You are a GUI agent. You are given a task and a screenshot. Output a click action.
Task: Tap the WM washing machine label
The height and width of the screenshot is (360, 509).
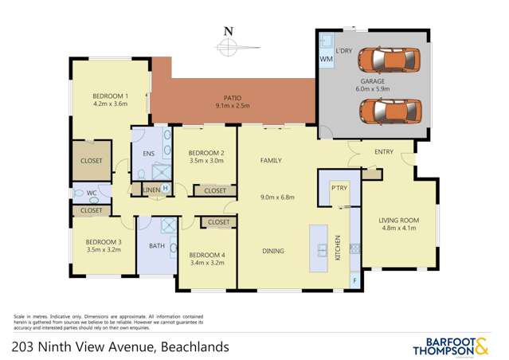tap(326, 60)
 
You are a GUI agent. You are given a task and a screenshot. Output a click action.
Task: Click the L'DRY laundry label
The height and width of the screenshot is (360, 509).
tap(344, 51)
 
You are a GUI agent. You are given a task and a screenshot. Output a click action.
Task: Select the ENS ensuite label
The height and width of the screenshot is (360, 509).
tap(147, 154)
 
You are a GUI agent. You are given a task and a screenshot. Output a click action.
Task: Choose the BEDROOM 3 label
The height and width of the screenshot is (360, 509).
tap(104, 241)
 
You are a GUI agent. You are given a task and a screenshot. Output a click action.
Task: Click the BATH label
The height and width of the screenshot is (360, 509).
tap(157, 246)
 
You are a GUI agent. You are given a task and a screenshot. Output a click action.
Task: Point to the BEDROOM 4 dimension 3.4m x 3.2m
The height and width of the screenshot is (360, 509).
tap(207, 263)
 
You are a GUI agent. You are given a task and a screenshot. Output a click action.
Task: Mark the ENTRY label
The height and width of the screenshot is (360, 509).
tap(374, 152)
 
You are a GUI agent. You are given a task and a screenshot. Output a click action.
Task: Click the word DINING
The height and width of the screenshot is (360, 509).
tap(273, 252)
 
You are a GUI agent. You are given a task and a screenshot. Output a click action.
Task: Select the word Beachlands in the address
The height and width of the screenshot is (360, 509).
tap(195, 346)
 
